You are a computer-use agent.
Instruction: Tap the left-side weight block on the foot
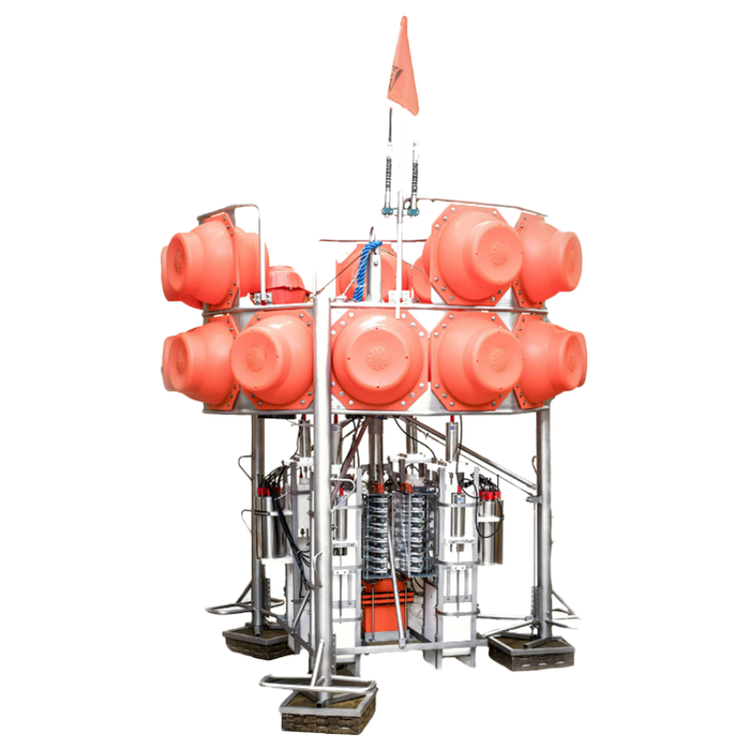point(256,641)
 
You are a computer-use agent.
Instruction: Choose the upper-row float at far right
point(552,258)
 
